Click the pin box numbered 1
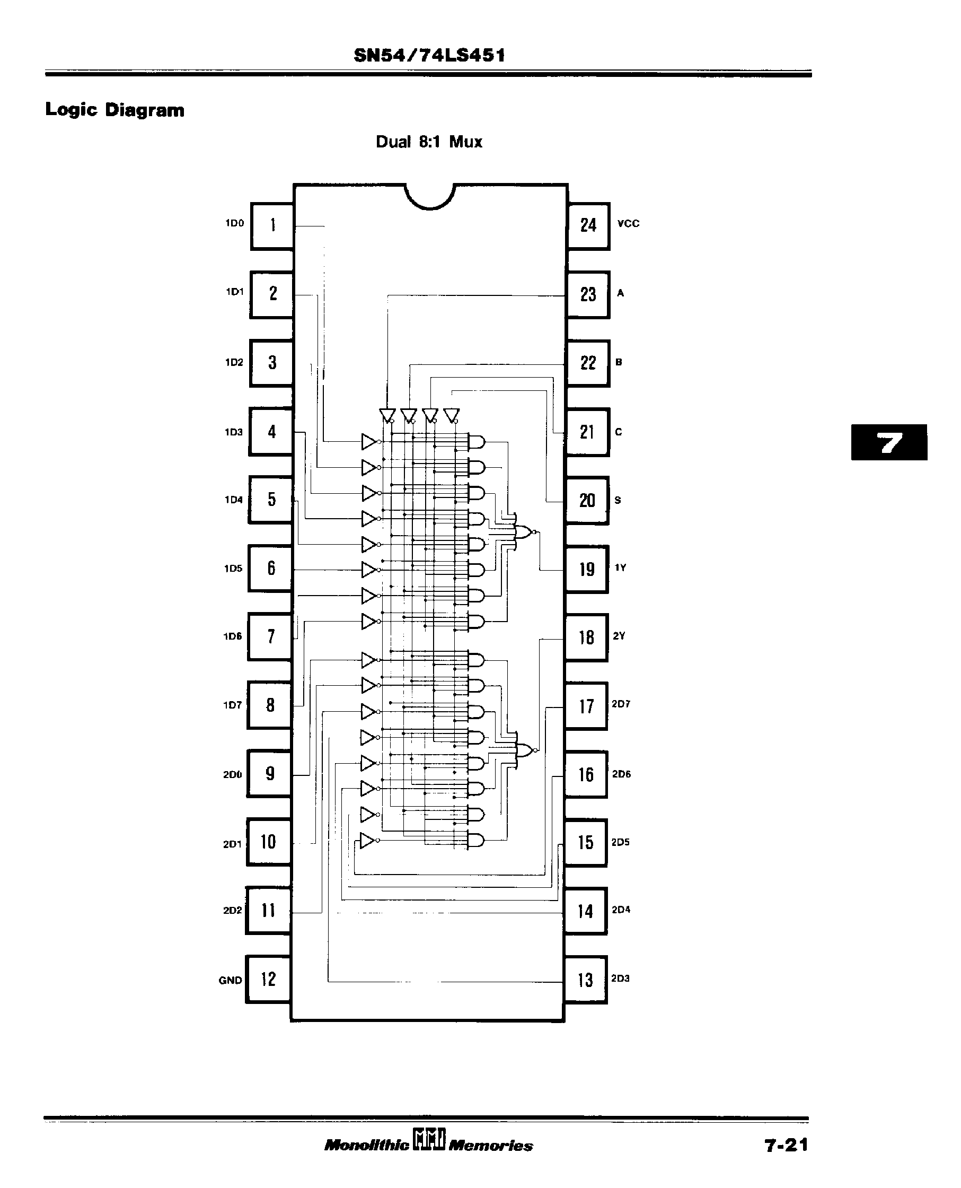pos(272,225)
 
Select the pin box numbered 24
pos(588,225)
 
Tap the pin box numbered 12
pos(268,979)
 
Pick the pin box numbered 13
pos(585,980)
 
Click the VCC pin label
pos(628,224)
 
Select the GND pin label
pos(230,980)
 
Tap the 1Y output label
pos(620,567)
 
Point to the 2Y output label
pos(619,636)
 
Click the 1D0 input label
pos(235,223)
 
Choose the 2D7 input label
pos(621,704)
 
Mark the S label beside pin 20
pos(618,500)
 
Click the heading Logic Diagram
pos(114,110)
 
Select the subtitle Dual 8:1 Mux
pos(429,142)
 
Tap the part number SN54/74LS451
pos(429,55)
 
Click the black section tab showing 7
pos(889,442)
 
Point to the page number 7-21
pos(786,1146)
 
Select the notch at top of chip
pos(429,196)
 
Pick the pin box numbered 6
pos(271,568)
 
